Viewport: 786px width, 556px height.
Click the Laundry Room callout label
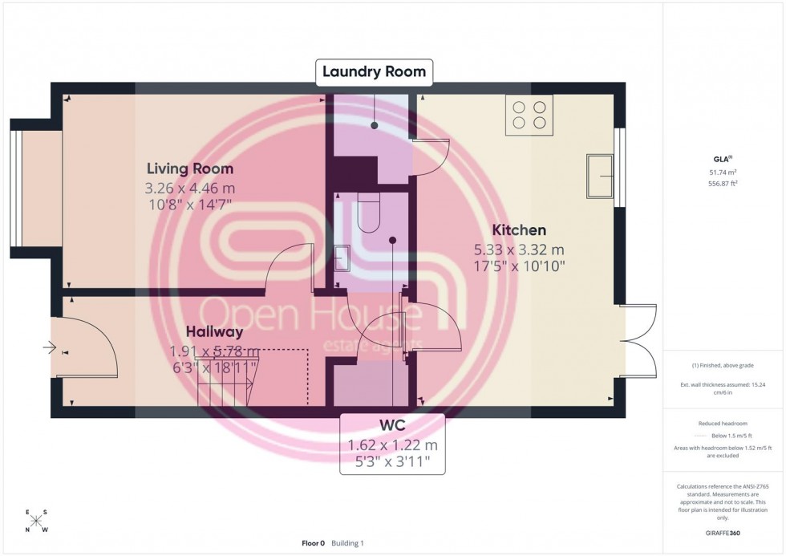tap(374, 72)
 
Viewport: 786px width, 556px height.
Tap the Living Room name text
tap(189, 168)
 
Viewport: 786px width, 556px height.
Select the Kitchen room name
tap(519, 230)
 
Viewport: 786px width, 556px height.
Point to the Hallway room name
tap(214, 331)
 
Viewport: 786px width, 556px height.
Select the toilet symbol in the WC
tap(369, 213)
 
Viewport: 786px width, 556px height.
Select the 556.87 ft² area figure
tap(723, 183)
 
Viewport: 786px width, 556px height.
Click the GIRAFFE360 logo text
tap(723, 532)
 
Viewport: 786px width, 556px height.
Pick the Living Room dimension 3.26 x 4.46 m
tap(189, 189)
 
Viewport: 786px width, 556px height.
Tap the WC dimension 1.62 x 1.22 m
tap(392, 445)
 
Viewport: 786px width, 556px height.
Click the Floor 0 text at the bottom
tap(312, 543)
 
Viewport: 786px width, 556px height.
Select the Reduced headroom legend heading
tap(723, 423)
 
